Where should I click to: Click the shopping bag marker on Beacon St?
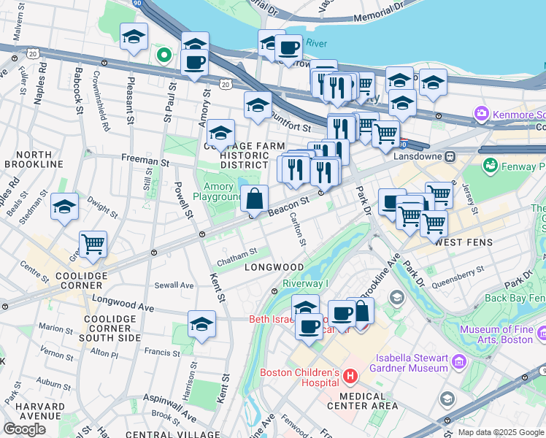[255, 199]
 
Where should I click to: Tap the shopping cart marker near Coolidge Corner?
[93, 245]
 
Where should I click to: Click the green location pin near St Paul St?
[164, 54]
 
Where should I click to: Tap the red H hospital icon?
[350, 377]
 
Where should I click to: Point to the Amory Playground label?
[218, 192]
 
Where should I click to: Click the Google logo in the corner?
[24, 429]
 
